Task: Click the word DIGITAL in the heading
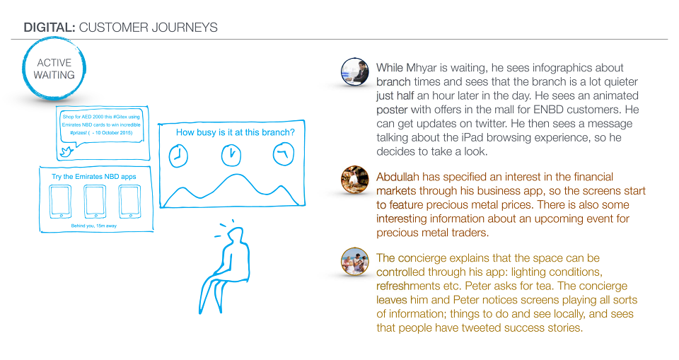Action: [x=50, y=28]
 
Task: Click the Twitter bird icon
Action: [x=66, y=151]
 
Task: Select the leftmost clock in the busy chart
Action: [x=178, y=156]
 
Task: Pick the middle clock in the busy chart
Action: [x=231, y=155]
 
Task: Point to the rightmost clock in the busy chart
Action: [x=284, y=154]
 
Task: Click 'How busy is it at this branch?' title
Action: [x=235, y=132]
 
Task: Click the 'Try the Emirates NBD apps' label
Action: [x=94, y=176]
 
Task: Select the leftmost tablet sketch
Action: [x=61, y=202]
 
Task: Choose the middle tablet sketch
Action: [x=95, y=202]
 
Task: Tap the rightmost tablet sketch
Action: [x=129, y=202]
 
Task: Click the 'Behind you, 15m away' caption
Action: [x=94, y=226]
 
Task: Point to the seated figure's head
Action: [x=236, y=236]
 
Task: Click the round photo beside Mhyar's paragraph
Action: [x=354, y=71]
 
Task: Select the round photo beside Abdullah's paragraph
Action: [x=354, y=180]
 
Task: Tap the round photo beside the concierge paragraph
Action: [x=354, y=261]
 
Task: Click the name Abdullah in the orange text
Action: [x=397, y=177]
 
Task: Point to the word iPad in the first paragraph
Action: [x=472, y=137]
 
